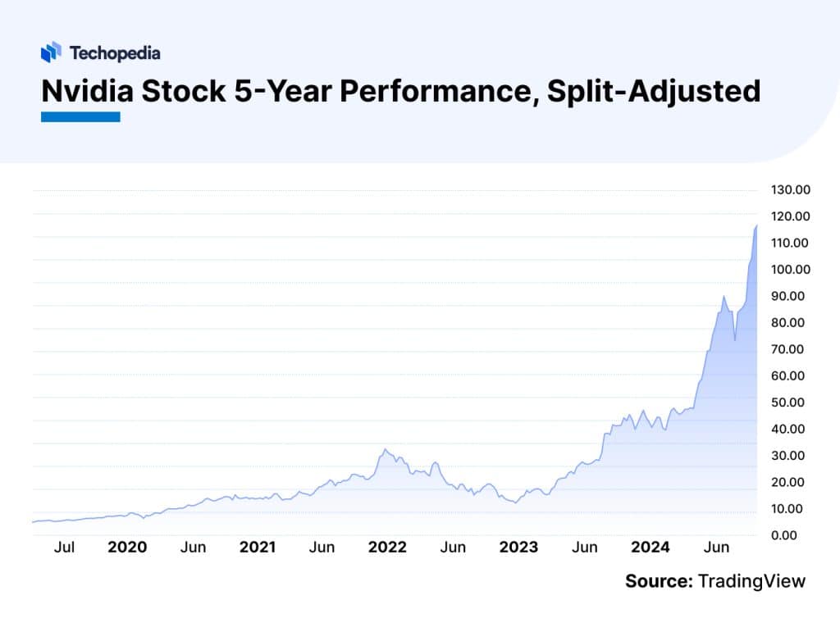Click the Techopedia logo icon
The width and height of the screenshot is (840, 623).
click(51, 52)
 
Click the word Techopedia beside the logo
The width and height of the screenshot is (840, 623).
click(115, 53)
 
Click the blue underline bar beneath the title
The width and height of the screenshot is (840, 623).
click(80, 117)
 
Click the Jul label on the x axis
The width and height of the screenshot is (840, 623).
click(64, 547)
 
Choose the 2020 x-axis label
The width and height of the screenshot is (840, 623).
click(127, 547)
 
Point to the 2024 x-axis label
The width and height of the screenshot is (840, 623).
click(650, 547)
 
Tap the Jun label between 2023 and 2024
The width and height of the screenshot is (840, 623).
click(584, 547)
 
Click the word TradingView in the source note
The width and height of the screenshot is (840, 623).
click(751, 581)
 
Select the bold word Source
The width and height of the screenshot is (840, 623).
click(659, 581)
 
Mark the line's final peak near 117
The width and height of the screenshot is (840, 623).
click(756, 225)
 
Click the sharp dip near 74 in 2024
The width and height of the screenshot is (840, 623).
click(735, 339)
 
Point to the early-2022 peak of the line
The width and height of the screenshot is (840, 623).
click(386, 449)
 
